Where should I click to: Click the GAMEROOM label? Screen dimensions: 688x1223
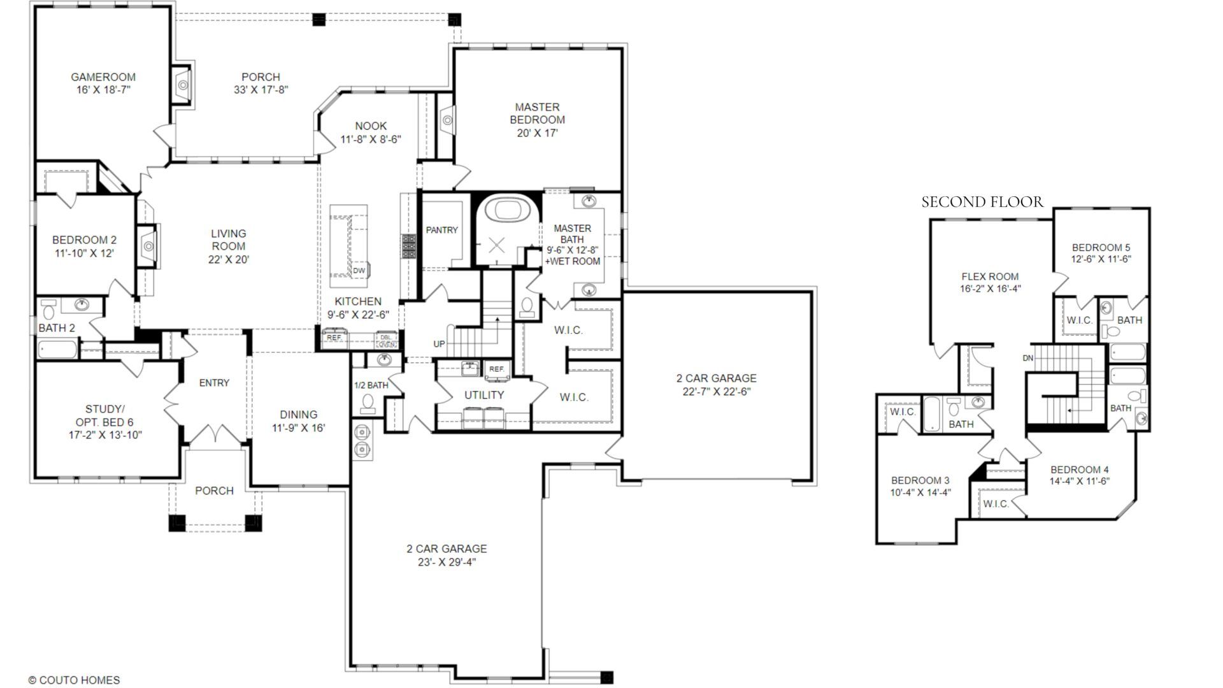(x=103, y=77)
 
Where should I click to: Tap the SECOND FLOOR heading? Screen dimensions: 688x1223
(x=982, y=203)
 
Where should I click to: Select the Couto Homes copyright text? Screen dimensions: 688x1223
(x=74, y=680)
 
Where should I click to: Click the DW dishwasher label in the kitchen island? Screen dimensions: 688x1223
(x=359, y=271)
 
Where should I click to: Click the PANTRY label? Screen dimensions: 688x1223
(x=441, y=230)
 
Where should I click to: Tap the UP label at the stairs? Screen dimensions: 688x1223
(x=439, y=344)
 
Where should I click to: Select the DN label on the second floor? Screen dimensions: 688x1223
(x=1027, y=358)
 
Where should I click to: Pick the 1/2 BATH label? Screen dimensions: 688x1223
(x=371, y=385)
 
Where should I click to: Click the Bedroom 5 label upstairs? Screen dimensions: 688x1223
(x=1101, y=248)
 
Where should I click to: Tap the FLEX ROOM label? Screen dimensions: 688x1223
(x=990, y=276)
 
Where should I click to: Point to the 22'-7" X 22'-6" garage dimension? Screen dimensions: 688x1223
(x=717, y=392)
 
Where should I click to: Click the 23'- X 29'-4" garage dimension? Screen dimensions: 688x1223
(x=447, y=563)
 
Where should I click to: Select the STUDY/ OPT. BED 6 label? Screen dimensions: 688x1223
(x=105, y=415)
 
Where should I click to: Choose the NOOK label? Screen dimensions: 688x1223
(x=371, y=126)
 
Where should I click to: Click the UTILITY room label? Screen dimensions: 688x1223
(x=483, y=395)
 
